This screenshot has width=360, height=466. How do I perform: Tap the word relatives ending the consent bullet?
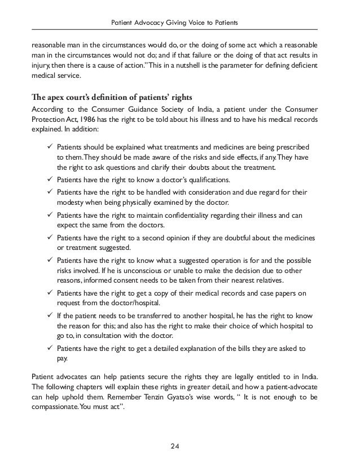click(265, 282)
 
